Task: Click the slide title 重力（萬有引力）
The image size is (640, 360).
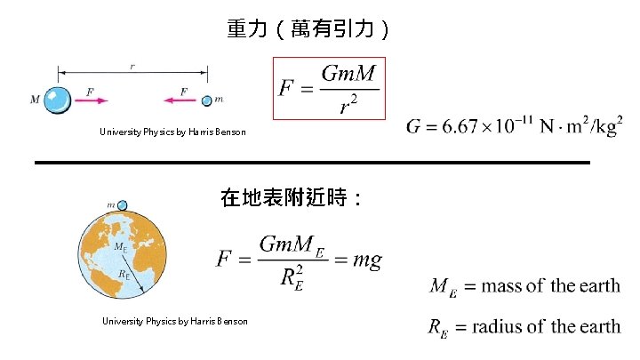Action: click(x=308, y=30)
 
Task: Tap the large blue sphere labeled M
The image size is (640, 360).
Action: click(x=59, y=100)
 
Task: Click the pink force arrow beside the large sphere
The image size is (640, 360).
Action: click(x=92, y=100)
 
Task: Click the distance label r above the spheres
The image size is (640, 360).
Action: click(x=133, y=66)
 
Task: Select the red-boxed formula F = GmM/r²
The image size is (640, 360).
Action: click(x=328, y=89)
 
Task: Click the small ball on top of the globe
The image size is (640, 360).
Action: click(x=123, y=205)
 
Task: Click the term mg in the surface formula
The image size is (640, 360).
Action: click(x=367, y=260)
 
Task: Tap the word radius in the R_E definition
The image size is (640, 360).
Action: click(x=500, y=326)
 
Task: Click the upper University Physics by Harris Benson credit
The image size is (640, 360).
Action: click(x=172, y=132)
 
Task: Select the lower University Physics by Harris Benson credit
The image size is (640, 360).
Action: click(x=174, y=321)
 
